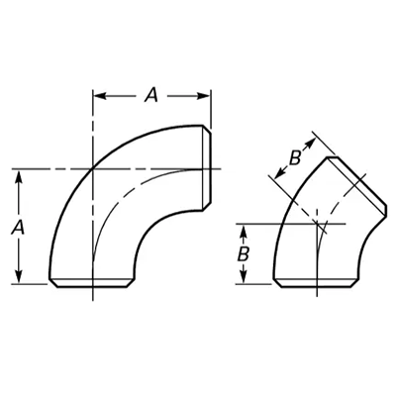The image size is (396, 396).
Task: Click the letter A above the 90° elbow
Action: pyautogui.click(x=151, y=95)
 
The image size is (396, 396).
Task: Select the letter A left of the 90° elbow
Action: pyautogui.click(x=18, y=228)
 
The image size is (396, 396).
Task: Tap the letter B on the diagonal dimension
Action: pyautogui.click(x=295, y=157)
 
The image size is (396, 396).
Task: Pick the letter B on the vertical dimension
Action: pyautogui.click(x=244, y=254)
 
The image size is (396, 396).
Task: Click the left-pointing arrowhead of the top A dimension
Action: pyautogui.click(x=100, y=96)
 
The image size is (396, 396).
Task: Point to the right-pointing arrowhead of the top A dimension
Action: pyautogui.click(x=203, y=96)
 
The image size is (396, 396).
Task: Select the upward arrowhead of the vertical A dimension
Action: pyautogui.click(x=19, y=177)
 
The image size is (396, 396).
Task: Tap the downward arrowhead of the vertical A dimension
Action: pyautogui.click(x=19, y=276)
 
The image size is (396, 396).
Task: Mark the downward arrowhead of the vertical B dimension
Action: pyautogui.click(x=244, y=276)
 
